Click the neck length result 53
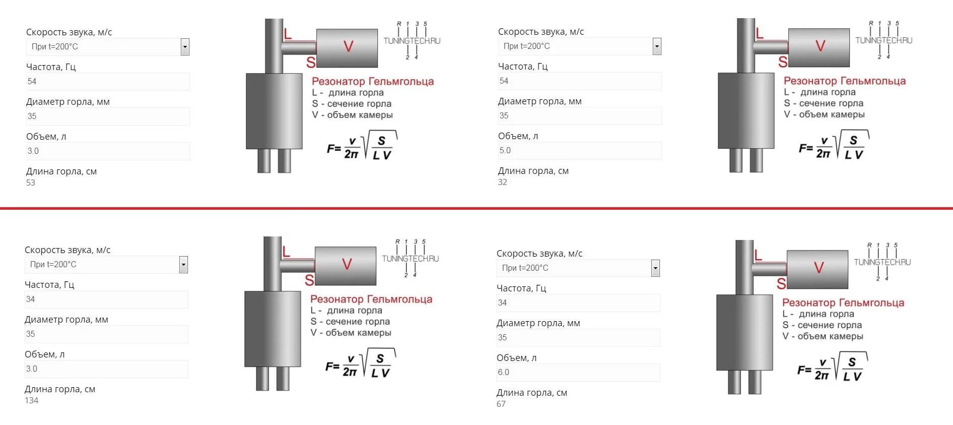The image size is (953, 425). (x=31, y=183)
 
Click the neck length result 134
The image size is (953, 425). (x=32, y=400)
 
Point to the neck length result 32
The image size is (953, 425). (x=503, y=182)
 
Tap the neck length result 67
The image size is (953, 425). (x=501, y=404)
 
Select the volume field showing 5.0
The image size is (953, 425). (x=579, y=151)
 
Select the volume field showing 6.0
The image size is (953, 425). (x=578, y=373)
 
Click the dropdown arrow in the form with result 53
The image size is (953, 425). (x=185, y=47)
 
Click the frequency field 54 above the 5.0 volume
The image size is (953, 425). (x=579, y=81)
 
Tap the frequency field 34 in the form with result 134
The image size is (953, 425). (x=106, y=299)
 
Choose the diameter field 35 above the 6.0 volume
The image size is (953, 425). (x=578, y=338)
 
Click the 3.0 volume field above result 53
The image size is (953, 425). (x=108, y=151)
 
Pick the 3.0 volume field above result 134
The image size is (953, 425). (x=106, y=369)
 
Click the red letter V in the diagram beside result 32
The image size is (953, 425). (x=820, y=46)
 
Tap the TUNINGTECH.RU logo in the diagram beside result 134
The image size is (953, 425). (x=410, y=259)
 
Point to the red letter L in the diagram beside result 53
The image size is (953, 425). (x=288, y=34)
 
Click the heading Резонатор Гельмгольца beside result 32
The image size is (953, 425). (x=844, y=81)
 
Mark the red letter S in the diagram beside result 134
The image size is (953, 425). (x=309, y=280)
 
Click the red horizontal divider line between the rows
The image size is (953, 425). (x=476, y=208)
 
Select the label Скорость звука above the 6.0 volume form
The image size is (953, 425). (x=539, y=254)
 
